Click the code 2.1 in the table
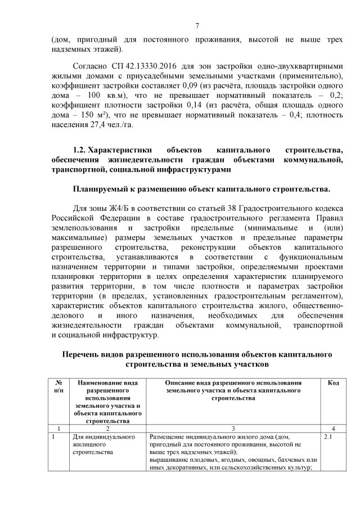[329, 436]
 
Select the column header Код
[333, 382]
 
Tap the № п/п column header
[58, 386]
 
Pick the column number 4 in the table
[333, 427]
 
